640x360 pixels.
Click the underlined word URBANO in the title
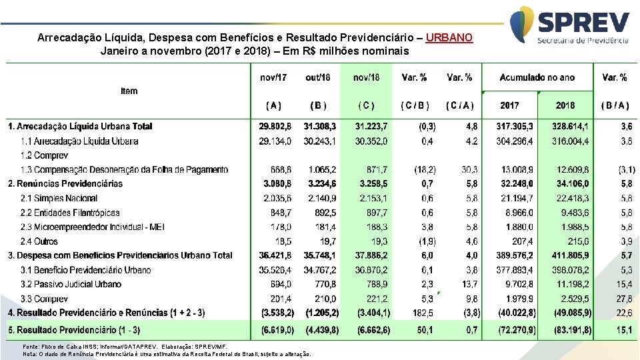coord(449,38)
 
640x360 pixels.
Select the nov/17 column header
coord(273,77)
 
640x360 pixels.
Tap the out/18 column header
coord(317,77)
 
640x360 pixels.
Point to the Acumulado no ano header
coord(537,77)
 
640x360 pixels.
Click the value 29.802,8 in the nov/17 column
coord(273,126)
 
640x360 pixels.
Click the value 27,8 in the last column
coord(625,299)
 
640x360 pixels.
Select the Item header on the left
coord(129,91)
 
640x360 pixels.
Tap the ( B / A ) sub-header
coord(614,105)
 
